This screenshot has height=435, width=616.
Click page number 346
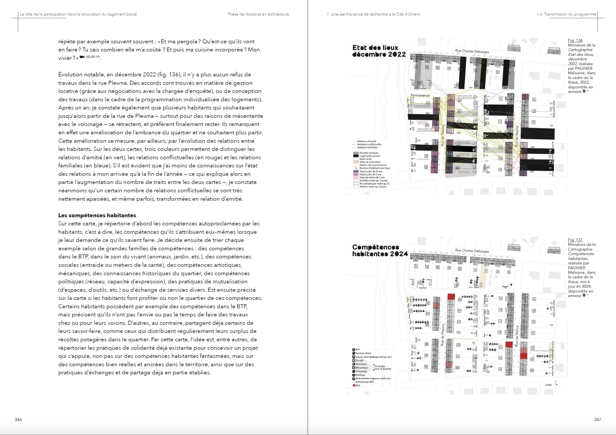(x=18, y=419)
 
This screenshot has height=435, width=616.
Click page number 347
(x=598, y=419)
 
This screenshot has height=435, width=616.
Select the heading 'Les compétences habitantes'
(x=97, y=215)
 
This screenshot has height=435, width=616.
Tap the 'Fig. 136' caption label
(x=575, y=40)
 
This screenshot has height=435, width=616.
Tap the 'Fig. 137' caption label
(x=575, y=240)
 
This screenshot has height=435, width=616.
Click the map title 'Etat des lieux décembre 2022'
(x=379, y=51)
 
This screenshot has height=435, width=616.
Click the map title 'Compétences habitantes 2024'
(x=380, y=250)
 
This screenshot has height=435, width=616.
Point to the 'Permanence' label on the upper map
(x=420, y=95)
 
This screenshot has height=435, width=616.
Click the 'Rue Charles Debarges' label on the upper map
(x=472, y=51)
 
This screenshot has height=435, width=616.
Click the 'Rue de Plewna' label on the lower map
(x=443, y=335)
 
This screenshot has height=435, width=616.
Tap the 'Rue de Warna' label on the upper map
(x=517, y=136)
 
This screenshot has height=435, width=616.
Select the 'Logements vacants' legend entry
(x=370, y=156)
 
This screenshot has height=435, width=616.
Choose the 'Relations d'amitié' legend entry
(x=366, y=141)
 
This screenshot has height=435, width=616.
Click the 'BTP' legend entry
(x=357, y=350)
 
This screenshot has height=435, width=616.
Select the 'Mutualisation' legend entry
(x=373, y=378)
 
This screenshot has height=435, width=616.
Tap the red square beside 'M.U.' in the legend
(x=354, y=385)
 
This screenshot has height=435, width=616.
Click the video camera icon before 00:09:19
(x=82, y=57)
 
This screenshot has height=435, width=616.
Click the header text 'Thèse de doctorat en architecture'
(x=258, y=14)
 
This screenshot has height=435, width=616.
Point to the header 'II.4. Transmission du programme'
(x=566, y=14)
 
